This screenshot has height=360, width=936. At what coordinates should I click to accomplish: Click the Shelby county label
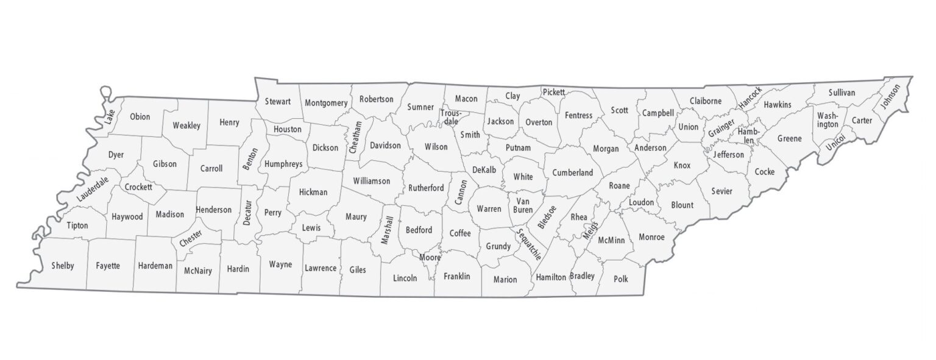[x=63, y=266]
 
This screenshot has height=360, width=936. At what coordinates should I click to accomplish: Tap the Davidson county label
[x=385, y=146]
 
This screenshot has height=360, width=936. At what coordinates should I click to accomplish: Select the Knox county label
[x=682, y=165]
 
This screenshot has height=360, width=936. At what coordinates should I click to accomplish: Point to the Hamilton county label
[x=551, y=277]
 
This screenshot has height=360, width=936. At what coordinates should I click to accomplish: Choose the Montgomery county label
[x=326, y=103]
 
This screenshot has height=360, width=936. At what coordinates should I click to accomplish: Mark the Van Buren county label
[x=524, y=205]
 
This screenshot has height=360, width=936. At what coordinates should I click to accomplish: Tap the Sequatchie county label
[x=528, y=244]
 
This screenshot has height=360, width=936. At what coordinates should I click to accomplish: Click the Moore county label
[x=430, y=258]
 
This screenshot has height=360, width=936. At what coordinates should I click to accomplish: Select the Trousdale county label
[x=452, y=117]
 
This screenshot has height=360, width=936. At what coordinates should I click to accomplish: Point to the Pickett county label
[x=553, y=92]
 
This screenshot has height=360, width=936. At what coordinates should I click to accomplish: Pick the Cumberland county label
[x=572, y=173]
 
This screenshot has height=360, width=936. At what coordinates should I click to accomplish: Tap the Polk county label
[x=620, y=279]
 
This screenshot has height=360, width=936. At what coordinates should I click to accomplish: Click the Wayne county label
[x=280, y=264]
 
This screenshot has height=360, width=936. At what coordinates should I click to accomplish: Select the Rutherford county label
[x=426, y=188]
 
